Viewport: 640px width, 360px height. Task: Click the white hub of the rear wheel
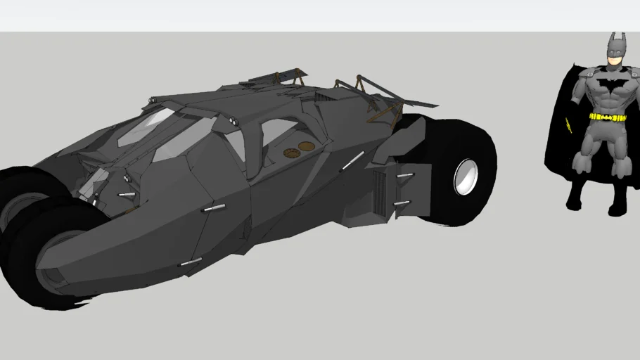point(466,176)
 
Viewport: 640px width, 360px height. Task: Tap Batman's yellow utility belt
point(608,117)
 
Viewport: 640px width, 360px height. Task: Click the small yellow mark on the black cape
point(568,126)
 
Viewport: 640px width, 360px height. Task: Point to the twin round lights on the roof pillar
point(233,124)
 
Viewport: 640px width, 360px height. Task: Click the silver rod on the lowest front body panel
point(191,262)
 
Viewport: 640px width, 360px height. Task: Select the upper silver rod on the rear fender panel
point(404,175)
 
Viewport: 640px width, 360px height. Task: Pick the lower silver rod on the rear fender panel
point(402,203)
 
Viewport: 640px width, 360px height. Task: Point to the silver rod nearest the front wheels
point(127,194)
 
